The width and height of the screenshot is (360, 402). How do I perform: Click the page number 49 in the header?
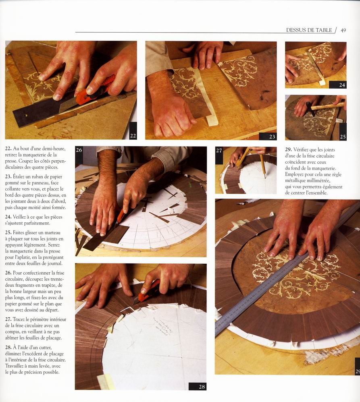(x=343, y=30)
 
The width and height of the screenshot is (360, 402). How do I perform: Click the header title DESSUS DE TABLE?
(x=309, y=30)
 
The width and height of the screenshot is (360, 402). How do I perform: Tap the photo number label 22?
(x=133, y=136)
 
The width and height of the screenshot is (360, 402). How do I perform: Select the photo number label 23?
(x=272, y=137)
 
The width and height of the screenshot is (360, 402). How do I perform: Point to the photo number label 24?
(x=342, y=85)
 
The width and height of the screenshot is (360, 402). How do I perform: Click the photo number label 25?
(x=343, y=137)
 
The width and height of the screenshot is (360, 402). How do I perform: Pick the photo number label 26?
(x=79, y=150)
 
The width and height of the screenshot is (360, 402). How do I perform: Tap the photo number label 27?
(x=219, y=151)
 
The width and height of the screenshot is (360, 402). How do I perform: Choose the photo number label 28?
(x=202, y=387)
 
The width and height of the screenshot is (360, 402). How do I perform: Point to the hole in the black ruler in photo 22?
(x=26, y=116)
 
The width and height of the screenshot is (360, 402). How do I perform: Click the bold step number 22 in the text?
(x=8, y=149)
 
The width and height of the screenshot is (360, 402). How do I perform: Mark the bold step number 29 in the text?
(x=288, y=149)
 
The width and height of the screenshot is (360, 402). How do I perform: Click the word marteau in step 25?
(x=52, y=232)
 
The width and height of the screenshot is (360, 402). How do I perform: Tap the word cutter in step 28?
(x=46, y=348)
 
